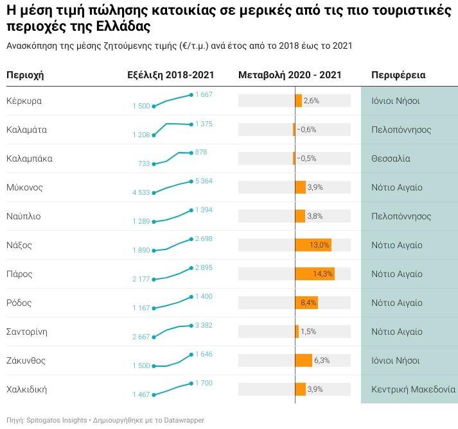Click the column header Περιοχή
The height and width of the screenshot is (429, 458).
[25, 76]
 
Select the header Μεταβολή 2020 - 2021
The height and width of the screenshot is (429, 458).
[290, 76]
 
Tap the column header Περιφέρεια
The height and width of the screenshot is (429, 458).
[398, 76]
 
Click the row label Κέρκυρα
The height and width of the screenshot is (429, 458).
[24, 101]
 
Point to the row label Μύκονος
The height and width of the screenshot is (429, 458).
[24, 187]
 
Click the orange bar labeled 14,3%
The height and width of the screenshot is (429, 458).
[315, 274]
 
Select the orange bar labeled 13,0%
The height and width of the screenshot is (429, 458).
[313, 245]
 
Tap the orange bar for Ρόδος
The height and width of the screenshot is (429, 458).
[306, 303]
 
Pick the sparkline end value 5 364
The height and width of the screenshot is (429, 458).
[204, 181]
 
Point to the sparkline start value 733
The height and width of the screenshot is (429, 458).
[144, 164]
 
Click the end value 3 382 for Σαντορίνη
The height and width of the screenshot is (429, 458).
[204, 325]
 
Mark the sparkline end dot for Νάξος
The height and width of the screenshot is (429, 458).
[191, 239]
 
